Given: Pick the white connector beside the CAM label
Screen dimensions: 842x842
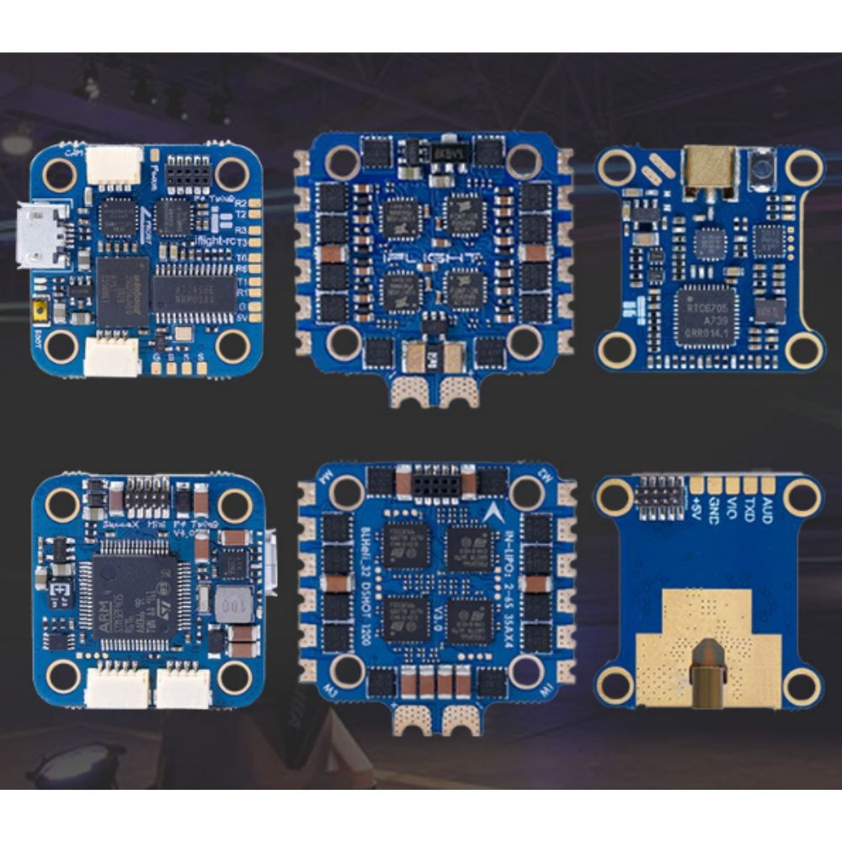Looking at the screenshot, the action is (113, 164).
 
